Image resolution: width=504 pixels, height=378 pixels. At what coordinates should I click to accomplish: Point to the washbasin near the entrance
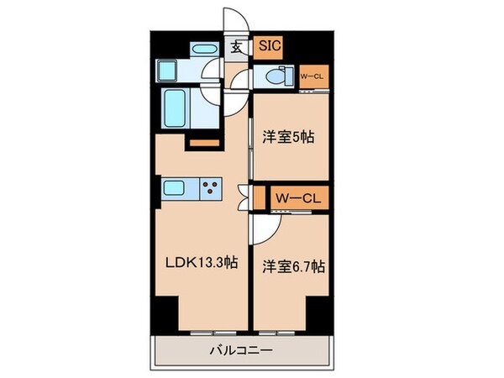[x=205, y=50]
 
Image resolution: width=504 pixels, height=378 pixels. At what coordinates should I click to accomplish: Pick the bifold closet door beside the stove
[x=244, y=198]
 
